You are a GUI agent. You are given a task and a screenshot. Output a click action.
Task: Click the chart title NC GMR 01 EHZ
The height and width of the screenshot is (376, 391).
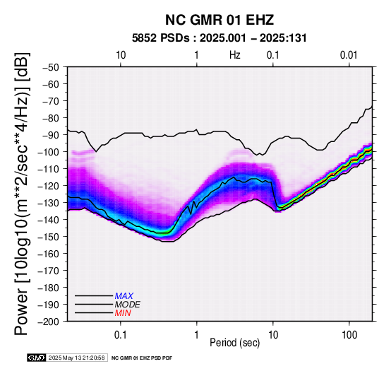pyautogui.click(x=219, y=20)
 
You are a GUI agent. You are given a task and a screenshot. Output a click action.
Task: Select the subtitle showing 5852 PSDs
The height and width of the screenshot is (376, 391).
pyautogui.click(x=219, y=38)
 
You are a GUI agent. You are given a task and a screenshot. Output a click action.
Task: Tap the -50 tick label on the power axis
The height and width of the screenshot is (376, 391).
pyautogui.click(x=51, y=67)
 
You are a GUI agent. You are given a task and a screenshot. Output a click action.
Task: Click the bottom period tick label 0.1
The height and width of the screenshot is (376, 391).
pyautogui.click(x=121, y=335)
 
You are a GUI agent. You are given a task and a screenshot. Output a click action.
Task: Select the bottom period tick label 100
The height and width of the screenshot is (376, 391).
pyautogui.click(x=349, y=335)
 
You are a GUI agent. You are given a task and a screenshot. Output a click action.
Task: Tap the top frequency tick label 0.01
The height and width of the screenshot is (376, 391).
pyautogui.click(x=349, y=55)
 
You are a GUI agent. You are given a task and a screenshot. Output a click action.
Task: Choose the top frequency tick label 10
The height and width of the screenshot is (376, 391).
pyautogui.click(x=121, y=55)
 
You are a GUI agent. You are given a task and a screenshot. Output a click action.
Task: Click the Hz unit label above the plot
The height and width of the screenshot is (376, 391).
pyautogui.click(x=235, y=55)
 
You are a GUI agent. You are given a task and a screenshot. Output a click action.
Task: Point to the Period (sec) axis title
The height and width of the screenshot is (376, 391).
pyautogui.click(x=234, y=343)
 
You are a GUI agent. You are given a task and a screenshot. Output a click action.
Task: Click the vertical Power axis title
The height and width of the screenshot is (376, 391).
pyautogui.click(x=22, y=194)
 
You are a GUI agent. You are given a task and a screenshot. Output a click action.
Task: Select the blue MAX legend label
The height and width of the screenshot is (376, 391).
pyautogui.click(x=124, y=296)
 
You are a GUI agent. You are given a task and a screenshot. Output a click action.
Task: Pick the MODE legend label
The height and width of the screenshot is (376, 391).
pyautogui.click(x=128, y=305)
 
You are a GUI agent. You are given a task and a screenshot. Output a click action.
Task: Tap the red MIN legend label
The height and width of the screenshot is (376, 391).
pyautogui.click(x=123, y=313)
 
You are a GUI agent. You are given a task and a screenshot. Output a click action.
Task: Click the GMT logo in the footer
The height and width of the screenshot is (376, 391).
pyautogui.click(x=37, y=358)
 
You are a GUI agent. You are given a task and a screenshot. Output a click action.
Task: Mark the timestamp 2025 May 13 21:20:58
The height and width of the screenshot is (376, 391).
pyautogui.click(x=76, y=358)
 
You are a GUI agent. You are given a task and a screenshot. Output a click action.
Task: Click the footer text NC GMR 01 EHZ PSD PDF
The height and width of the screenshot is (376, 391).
pyautogui.click(x=142, y=358)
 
